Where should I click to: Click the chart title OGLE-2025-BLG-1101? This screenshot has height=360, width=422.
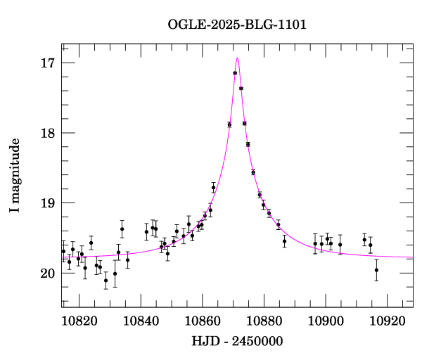[237, 25]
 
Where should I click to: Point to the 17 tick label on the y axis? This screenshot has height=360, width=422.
[48, 63]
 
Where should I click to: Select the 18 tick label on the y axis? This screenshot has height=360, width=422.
[48, 133]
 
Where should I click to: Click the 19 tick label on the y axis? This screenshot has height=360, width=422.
[48, 203]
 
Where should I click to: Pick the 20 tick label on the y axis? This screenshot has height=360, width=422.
[48, 274]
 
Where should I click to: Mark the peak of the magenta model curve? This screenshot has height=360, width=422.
[238, 58]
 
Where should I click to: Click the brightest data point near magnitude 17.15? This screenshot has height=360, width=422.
[235, 73]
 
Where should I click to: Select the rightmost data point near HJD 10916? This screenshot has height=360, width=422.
[376, 270]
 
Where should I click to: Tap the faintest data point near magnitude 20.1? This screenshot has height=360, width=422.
[105, 280]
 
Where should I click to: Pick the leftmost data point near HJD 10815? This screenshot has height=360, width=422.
[63, 251]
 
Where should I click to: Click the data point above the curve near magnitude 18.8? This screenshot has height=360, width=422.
[213, 188]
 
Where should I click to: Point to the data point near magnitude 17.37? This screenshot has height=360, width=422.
[241, 89]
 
